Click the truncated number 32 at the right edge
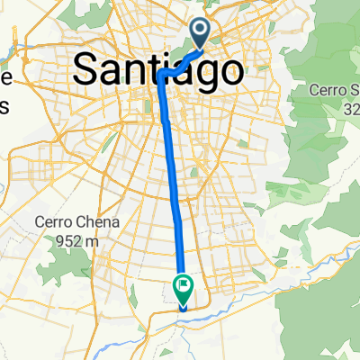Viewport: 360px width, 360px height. pos(350,108)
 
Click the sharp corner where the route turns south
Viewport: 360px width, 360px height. pos(163,77)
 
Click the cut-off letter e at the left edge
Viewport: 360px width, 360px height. pos(4,78)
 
